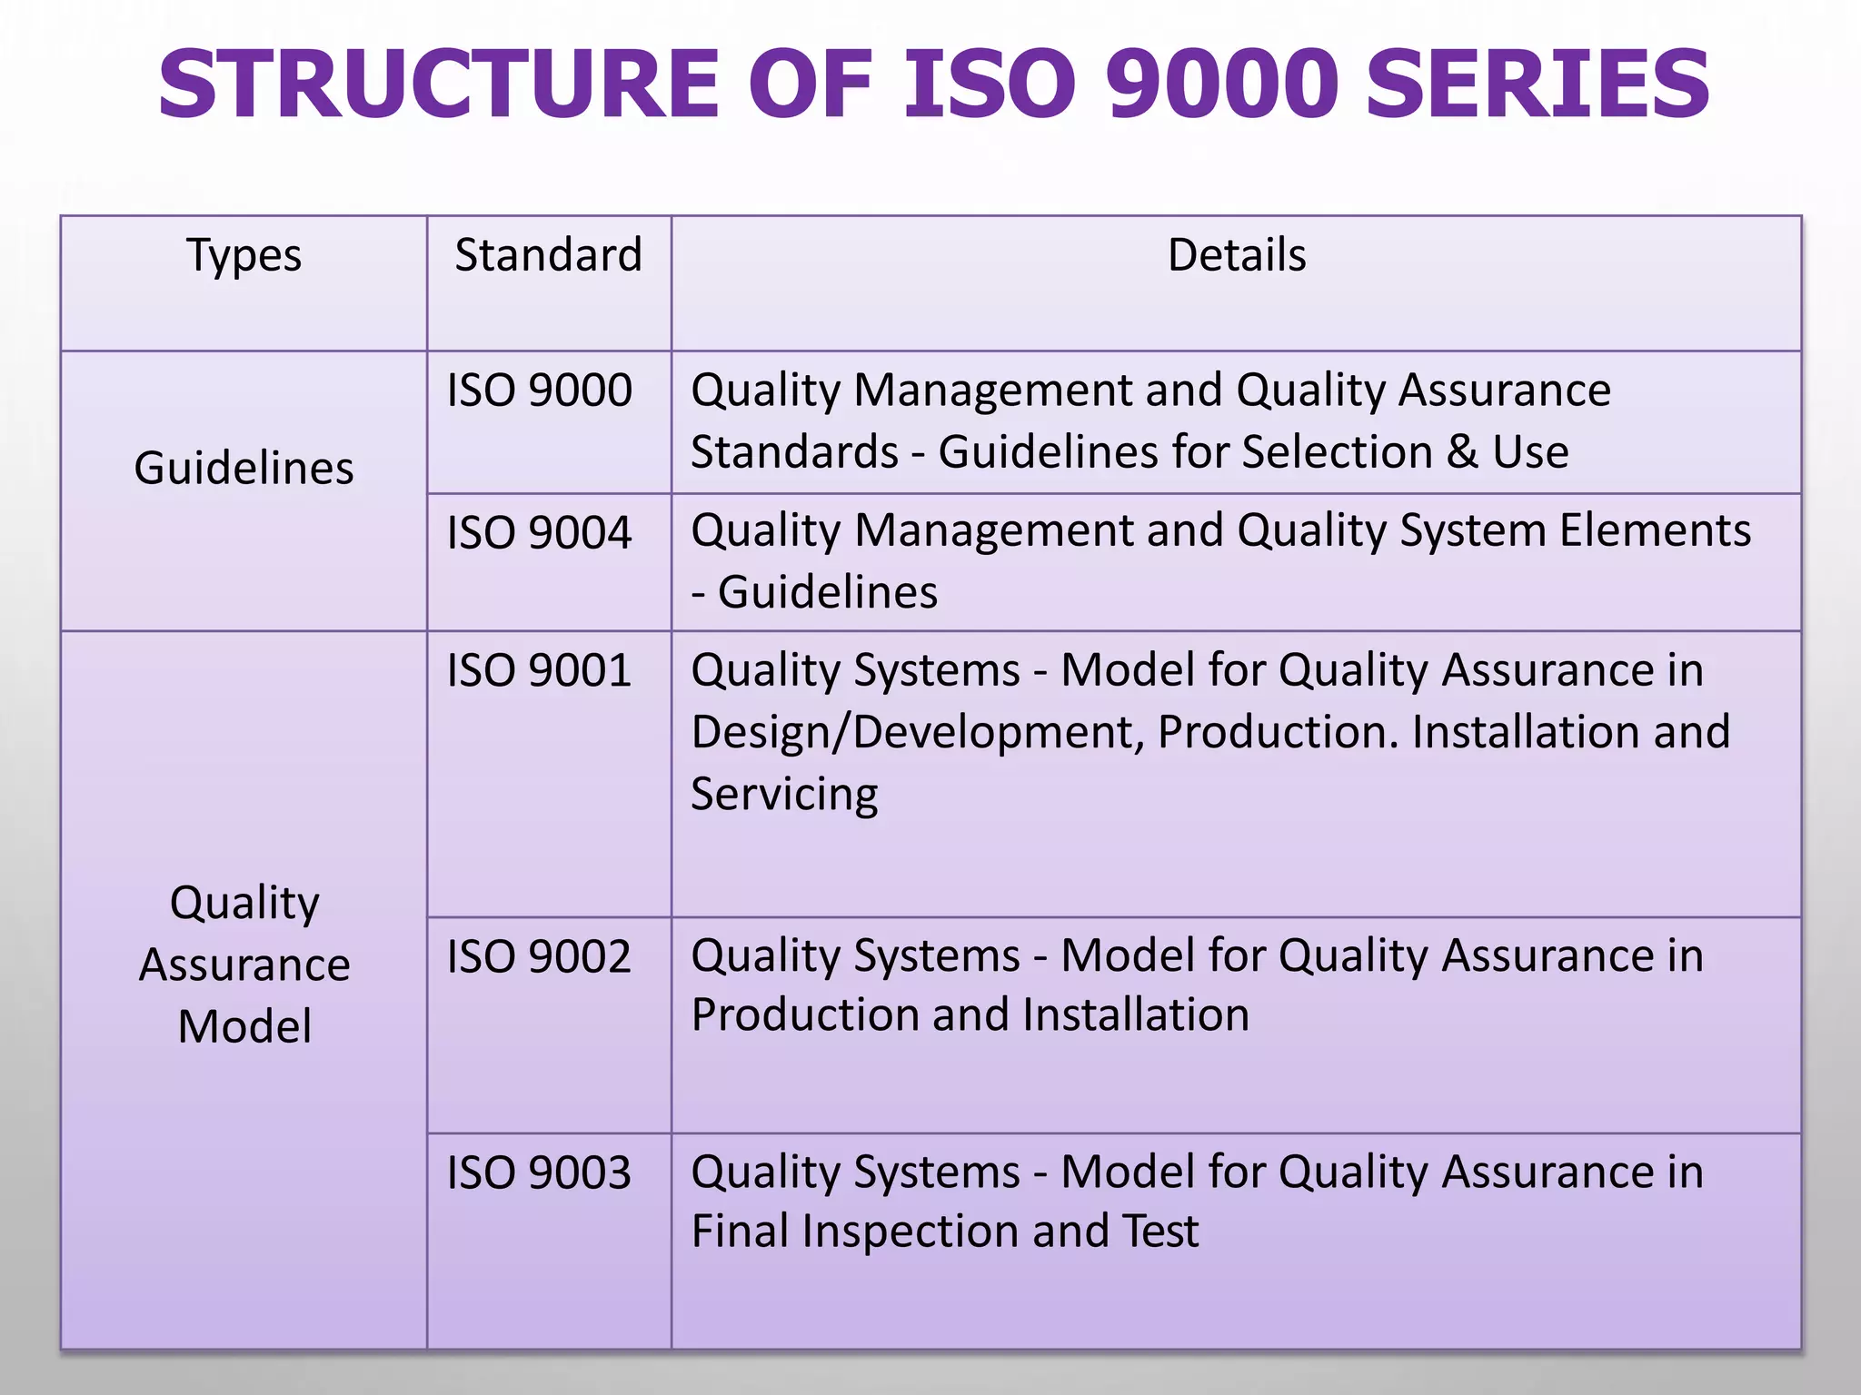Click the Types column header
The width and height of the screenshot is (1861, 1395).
(244, 255)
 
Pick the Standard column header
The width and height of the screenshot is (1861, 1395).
(548, 255)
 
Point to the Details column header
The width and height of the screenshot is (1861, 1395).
(1236, 255)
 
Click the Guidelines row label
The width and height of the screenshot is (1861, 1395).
(244, 469)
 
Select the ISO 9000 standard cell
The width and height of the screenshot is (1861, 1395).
(539, 391)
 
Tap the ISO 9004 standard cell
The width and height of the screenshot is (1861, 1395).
(539, 532)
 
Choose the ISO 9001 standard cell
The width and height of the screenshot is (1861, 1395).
(539, 671)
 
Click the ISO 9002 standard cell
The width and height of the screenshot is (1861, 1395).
(539, 957)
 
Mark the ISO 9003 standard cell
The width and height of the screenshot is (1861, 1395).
(539, 1172)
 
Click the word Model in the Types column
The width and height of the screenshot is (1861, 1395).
(244, 1027)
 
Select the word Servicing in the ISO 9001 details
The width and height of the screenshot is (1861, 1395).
(784, 795)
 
